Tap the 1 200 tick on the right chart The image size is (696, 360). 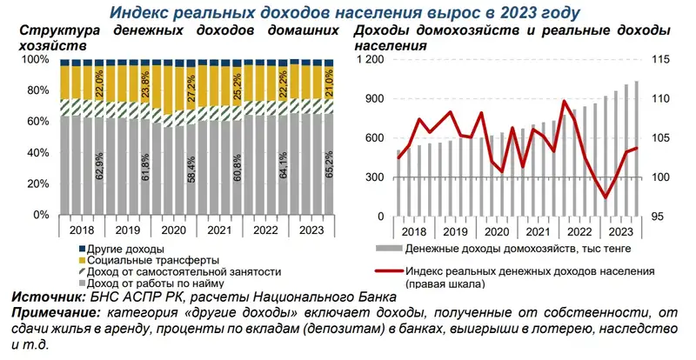370,59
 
